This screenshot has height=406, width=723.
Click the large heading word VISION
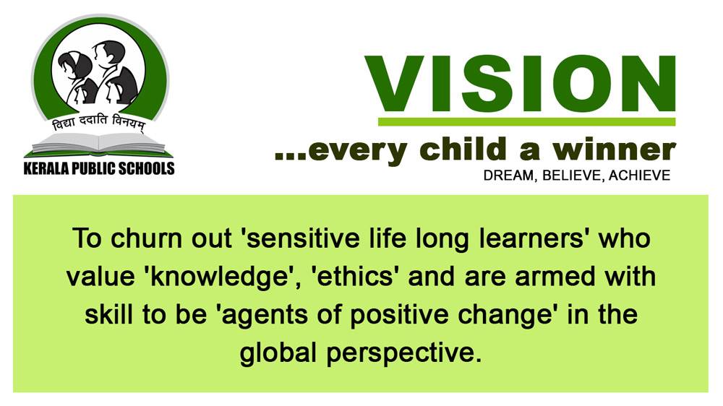coord(521,84)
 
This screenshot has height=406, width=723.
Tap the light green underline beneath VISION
coord(526,121)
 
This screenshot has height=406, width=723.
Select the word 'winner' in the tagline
coord(614,150)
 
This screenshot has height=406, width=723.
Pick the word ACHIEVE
coord(640,175)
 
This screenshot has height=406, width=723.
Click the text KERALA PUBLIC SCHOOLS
coord(99,168)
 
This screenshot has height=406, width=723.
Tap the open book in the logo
coord(98,144)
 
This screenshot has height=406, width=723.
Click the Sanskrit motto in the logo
coord(98,123)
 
